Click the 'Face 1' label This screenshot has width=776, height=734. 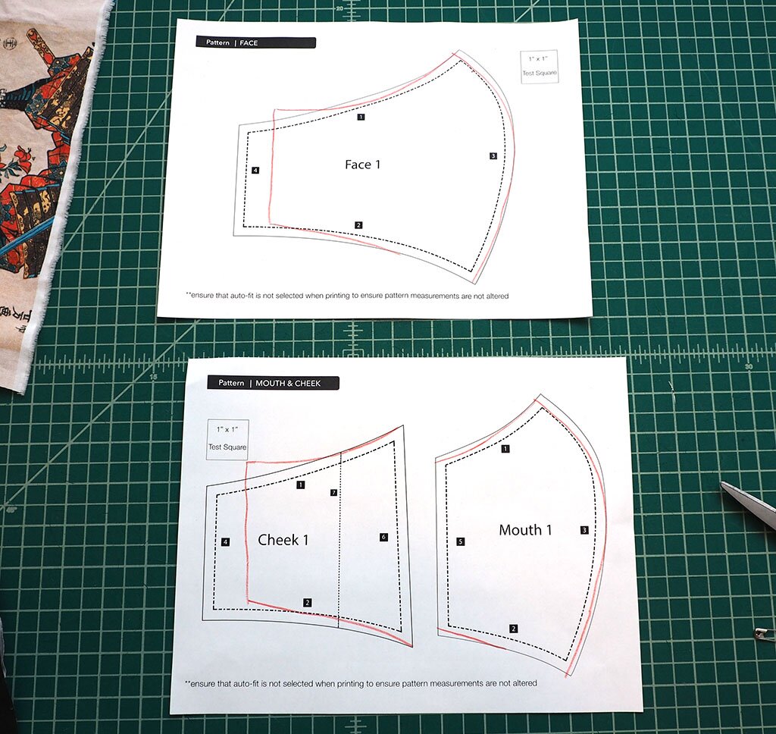[363, 165]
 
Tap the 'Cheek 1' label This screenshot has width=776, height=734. [283, 539]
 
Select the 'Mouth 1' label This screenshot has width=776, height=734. [525, 530]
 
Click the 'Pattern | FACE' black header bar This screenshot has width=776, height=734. [255, 42]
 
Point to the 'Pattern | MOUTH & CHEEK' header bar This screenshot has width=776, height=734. [273, 383]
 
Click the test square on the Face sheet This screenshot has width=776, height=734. [540, 67]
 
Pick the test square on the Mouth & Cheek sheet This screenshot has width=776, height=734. [227, 439]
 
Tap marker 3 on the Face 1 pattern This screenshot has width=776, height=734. [493, 156]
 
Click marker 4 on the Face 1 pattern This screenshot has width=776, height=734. [255, 171]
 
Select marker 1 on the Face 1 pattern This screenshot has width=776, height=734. [361, 117]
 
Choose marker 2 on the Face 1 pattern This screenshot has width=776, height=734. [358, 225]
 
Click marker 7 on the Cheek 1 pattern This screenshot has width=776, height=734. [333, 492]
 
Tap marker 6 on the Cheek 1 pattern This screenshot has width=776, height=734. [383, 537]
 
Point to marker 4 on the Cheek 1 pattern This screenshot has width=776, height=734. [225, 542]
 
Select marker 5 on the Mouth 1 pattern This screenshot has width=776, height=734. [460, 541]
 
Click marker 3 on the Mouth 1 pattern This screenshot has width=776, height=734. [584, 530]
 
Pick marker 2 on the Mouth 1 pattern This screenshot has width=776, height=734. [514, 629]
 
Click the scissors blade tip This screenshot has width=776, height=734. [721, 483]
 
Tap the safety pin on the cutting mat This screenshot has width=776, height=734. [764, 632]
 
